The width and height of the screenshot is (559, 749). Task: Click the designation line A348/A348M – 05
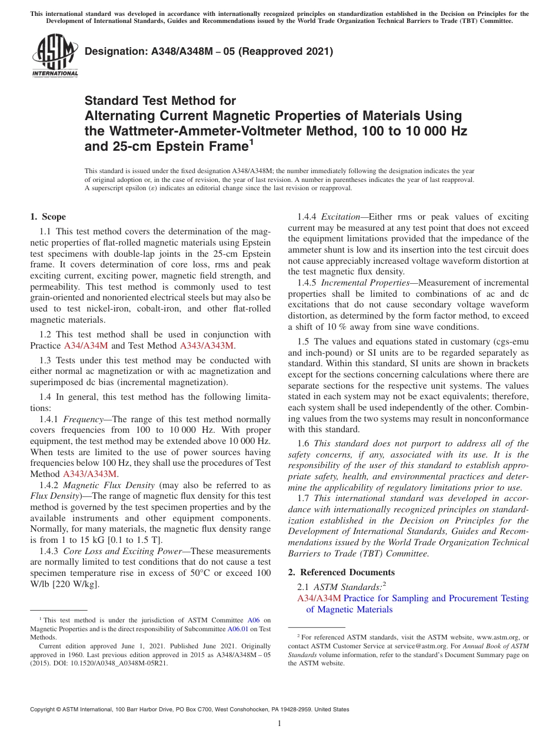pyautogui.click(x=209, y=51)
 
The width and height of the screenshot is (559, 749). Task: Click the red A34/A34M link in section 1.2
pyautogui.click(x=86, y=346)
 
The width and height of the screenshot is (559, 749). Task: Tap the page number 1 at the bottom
pyautogui.click(x=279, y=723)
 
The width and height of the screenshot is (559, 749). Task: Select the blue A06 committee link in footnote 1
pyautogui.click(x=254, y=620)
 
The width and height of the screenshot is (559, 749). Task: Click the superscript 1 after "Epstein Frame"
pyautogui.click(x=251, y=141)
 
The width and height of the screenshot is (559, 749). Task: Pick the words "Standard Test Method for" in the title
pyautogui.click(x=160, y=101)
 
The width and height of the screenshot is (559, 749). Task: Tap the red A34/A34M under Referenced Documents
pyautogui.click(x=319, y=598)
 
